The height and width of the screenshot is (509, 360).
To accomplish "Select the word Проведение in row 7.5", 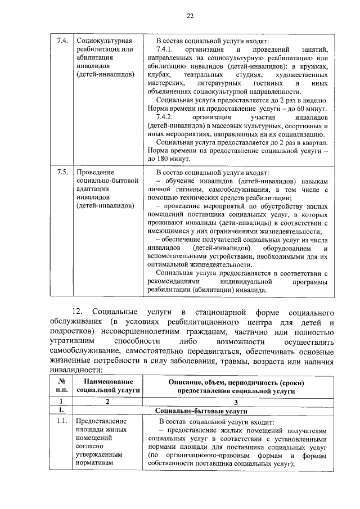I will coord(95,172).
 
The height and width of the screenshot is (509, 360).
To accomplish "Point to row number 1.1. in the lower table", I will coord(62,421).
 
